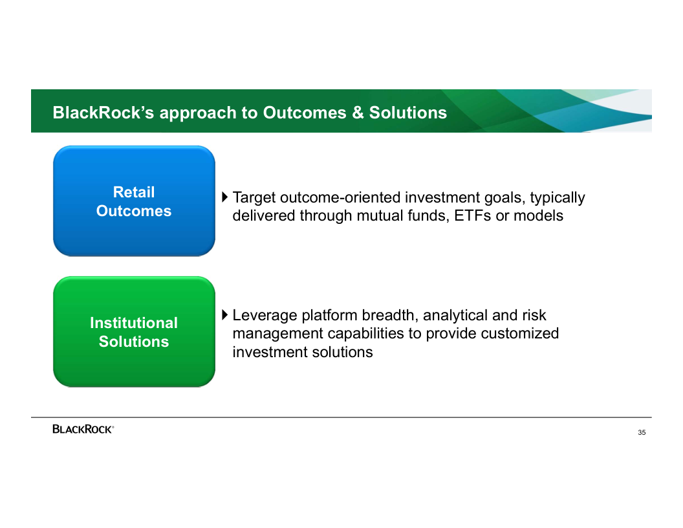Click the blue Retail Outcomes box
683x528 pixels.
[x=134, y=201]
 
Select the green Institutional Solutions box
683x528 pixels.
[x=134, y=331]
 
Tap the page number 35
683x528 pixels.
[x=642, y=433]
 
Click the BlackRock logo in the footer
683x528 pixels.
[x=83, y=429]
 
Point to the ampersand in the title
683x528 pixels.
[x=358, y=113]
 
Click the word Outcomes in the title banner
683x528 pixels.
[x=305, y=113]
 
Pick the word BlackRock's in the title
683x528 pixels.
[x=103, y=113]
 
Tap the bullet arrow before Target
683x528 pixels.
[x=225, y=197]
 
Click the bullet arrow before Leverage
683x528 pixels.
[x=225, y=314]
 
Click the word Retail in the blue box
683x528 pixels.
[x=134, y=192]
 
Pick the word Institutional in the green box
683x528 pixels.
[x=134, y=323]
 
